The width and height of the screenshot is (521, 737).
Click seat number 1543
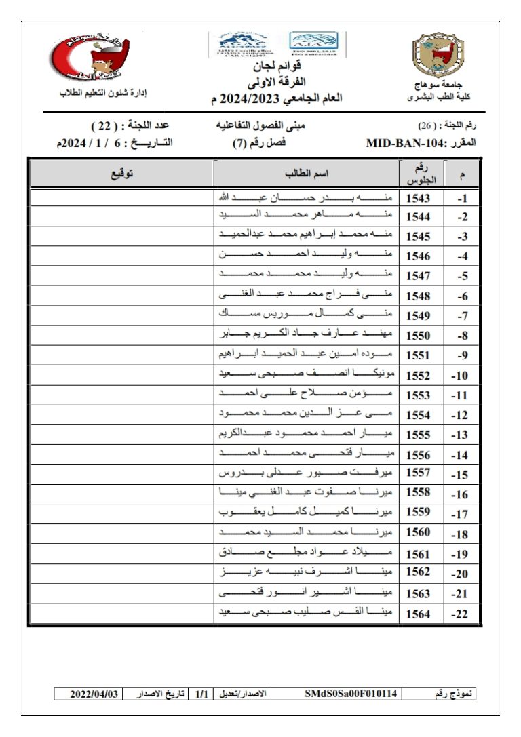click(419, 199)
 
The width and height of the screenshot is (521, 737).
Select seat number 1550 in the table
click(419, 335)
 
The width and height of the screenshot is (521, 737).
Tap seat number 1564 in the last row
click(419, 614)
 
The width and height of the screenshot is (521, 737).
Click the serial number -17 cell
click(461, 515)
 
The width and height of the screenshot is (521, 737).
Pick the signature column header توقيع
click(122, 174)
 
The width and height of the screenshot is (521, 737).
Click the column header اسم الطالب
click(307, 174)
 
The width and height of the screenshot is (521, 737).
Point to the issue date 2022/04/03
click(95, 694)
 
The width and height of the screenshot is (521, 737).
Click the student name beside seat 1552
click(307, 375)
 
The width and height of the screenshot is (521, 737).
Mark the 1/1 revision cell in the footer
click(201, 694)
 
